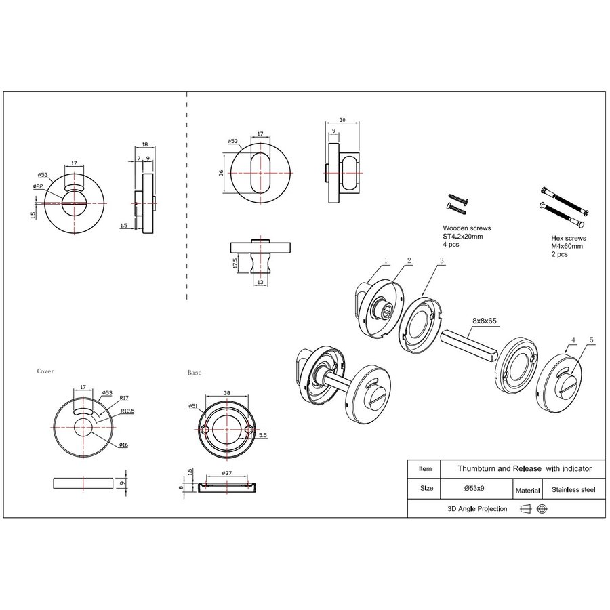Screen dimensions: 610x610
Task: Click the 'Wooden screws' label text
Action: pyautogui.click(x=466, y=229)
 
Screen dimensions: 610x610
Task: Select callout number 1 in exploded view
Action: pyautogui.click(x=385, y=260)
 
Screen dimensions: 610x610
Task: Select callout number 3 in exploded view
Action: pyautogui.click(x=441, y=260)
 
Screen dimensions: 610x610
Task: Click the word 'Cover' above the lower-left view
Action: pyautogui.click(x=45, y=371)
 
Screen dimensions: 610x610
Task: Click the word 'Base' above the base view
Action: pyautogui.click(x=194, y=373)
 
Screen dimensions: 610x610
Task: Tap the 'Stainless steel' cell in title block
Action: pyautogui.click(x=573, y=489)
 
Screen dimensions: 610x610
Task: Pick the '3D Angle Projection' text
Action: pyautogui.click(x=477, y=508)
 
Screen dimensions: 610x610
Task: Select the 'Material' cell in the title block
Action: pyautogui.click(x=527, y=489)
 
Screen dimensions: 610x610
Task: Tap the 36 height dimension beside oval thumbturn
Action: pyautogui.click(x=222, y=173)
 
